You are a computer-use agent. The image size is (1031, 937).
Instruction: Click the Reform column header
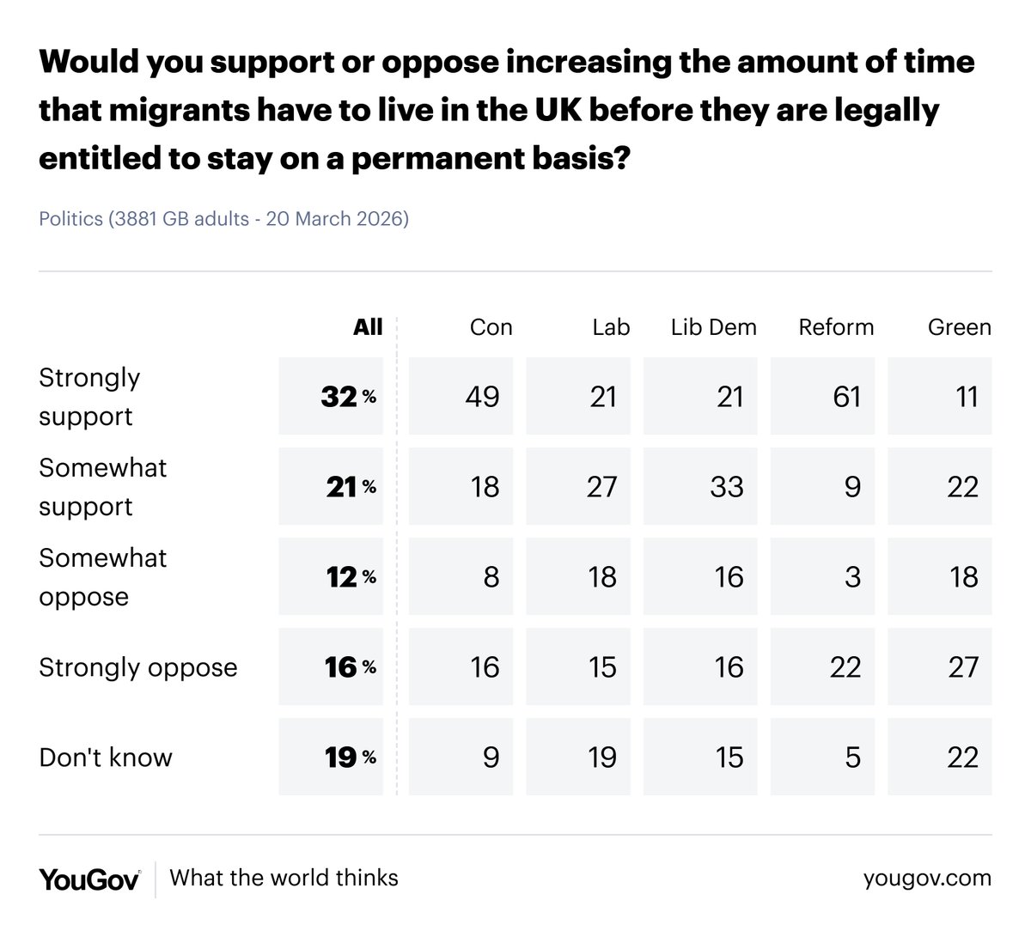pyautogui.click(x=835, y=327)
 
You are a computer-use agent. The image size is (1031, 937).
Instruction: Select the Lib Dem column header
pyautogui.click(x=713, y=327)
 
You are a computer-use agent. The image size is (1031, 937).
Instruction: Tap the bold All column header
pyautogui.click(x=368, y=327)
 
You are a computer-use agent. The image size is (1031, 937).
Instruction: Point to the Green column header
pyautogui.click(x=959, y=327)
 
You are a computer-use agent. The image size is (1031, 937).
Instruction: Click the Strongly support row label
pyautogui.click(x=89, y=397)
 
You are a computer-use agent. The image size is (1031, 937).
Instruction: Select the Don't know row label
pyautogui.click(x=106, y=758)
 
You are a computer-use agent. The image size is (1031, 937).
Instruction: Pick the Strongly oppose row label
pyautogui.click(x=137, y=667)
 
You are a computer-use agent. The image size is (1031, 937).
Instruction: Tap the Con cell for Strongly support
pyautogui.click(x=461, y=397)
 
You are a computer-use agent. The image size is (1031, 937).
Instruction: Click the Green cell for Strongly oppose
pyautogui.click(x=940, y=667)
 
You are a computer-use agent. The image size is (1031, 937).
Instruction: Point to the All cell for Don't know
pyautogui.click(x=332, y=758)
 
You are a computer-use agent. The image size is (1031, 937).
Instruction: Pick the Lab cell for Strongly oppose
pyautogui.click(x=578, y=667)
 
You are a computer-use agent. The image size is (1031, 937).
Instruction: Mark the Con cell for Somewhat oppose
pyautogui.click(x=461, y=577)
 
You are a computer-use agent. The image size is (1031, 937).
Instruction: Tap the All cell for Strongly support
pyautogui.click(x=332, y=397)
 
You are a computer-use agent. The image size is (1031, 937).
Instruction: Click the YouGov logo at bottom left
pyautogui.click(x=89, y=879)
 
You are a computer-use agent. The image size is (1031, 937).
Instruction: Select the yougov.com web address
pyautogui.click(x=927, y=879)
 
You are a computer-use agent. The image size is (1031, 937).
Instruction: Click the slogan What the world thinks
pyautogui.click(x=284, y=878)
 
